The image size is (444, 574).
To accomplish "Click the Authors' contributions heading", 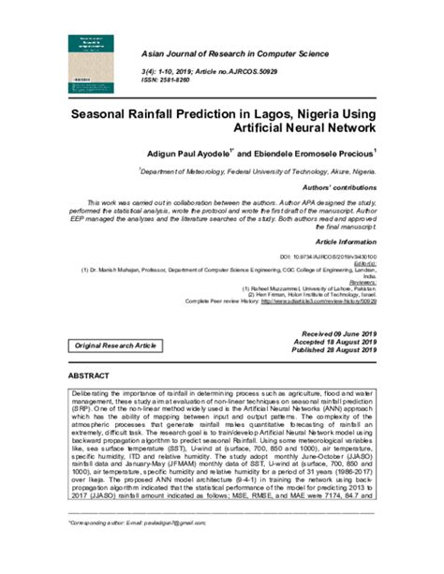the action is coord(343,187).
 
